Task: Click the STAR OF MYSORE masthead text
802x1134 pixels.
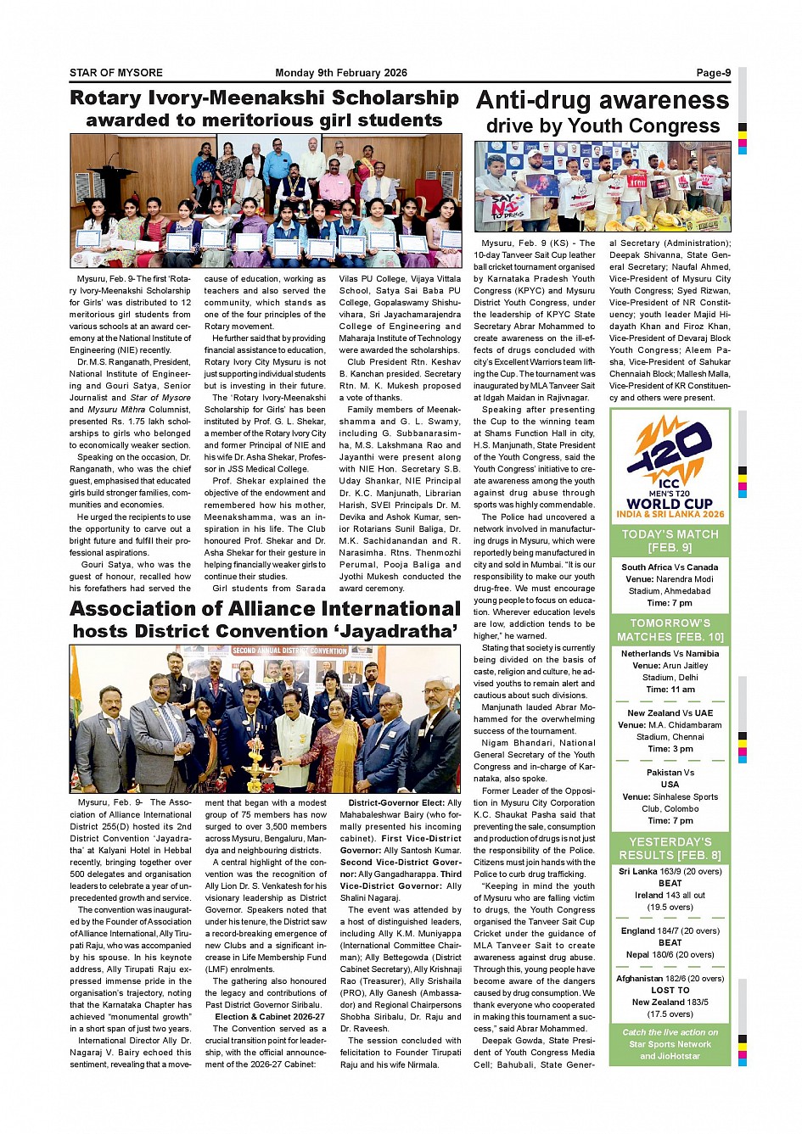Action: point(116,73)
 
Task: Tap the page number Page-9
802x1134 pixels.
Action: point(713,73)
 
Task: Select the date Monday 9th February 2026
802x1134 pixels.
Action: point(341,73)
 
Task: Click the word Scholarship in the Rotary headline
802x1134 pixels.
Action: point(395,98)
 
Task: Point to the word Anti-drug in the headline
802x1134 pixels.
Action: point(536,101)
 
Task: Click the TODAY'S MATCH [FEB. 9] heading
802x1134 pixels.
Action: point(670,540)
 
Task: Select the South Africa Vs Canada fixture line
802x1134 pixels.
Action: point(670,567)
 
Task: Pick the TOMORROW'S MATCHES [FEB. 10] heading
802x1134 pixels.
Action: point(670,629)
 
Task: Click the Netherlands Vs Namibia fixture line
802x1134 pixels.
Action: point(670,654)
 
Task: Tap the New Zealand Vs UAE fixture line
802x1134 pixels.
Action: point(670,713)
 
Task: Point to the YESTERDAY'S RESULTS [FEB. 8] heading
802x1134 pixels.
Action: point(670,848)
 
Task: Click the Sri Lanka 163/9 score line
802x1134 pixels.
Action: point(670,871)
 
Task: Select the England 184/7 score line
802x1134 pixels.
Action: point(670,930)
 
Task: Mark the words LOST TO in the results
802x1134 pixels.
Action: point(670,990)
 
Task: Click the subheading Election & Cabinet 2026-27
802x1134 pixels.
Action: point(270,1016)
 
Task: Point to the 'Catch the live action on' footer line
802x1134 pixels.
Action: point(670,1032)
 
